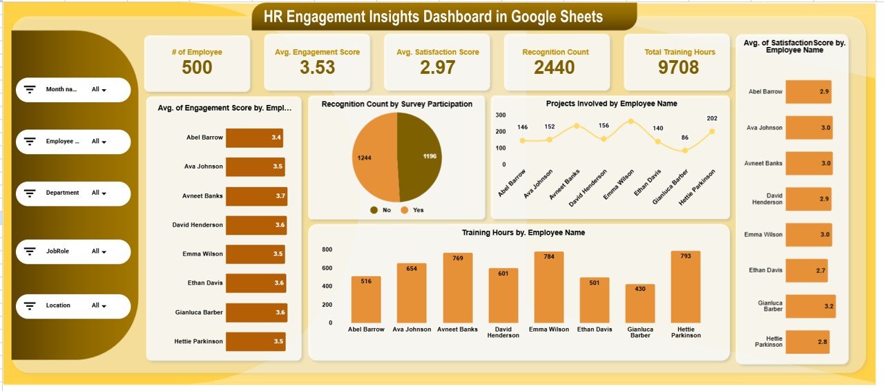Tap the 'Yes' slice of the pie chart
tap(375, 158)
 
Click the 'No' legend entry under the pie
tap(381, 209)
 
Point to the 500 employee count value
tap(197, 68)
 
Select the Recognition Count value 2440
tap(554, 67)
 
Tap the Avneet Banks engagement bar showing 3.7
tap(256, 196)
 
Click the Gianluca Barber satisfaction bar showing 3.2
tap(810, 306)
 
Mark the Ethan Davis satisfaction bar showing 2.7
tap(806, 270)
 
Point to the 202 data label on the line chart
tap(712, 118)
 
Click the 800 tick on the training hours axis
tap(327, 249)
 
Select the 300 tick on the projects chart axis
tap(500, 115)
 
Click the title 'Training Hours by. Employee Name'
tap(523, 233)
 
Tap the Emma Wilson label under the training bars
tap(549, 330)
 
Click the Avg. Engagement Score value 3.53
tap(317, 68)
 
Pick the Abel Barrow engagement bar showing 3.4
tap(254, 138)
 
